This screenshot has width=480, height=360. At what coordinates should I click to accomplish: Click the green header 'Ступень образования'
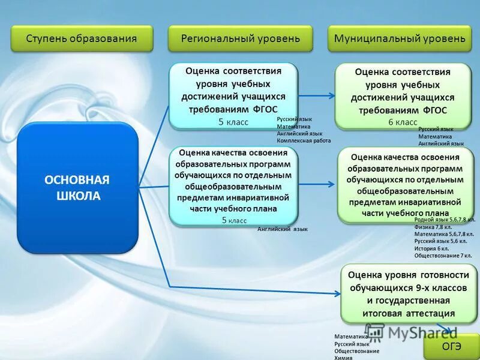pos(82,38)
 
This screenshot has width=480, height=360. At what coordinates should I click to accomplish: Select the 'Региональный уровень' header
pos(240,38)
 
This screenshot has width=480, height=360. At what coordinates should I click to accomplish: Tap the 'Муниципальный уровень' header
pos(400,38)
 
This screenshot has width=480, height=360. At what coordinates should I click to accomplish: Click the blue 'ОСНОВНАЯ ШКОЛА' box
pos(77,188)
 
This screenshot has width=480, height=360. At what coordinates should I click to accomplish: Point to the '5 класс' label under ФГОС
pos(233,122)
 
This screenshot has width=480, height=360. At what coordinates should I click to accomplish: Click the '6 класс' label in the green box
pos(402,122)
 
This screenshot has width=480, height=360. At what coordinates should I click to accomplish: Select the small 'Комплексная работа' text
pos(304,140)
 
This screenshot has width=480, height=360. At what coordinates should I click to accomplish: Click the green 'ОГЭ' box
pos(452,346)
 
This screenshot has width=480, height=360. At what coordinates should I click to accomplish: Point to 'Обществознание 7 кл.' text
pos(443,256)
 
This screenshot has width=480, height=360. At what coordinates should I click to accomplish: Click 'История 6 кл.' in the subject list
pos(431,248)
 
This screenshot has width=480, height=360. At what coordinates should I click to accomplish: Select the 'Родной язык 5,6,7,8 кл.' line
pos(445,220)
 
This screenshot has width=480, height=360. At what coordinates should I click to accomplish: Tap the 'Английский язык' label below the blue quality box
pos(282,229)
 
